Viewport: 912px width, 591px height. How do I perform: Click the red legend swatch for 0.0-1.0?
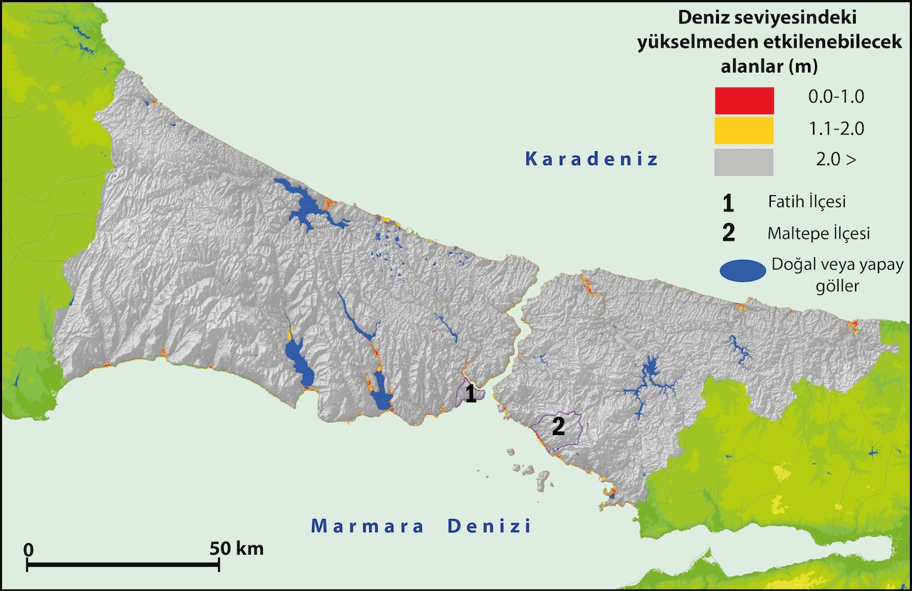743,100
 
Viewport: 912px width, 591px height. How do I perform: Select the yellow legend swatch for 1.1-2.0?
743,130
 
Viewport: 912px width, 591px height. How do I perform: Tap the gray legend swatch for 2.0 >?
743,161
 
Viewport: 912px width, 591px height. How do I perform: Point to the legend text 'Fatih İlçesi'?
807,202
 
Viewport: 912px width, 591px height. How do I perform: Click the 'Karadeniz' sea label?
591,159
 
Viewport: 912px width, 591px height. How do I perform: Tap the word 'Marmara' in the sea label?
368,527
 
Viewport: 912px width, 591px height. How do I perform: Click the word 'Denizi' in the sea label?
489,527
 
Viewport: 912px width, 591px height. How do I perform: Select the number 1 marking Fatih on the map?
470,394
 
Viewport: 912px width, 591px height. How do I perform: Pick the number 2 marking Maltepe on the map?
559,427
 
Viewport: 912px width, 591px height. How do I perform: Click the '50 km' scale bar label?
237,548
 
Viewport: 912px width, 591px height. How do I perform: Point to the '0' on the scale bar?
28,549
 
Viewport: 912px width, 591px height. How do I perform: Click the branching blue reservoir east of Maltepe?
648,377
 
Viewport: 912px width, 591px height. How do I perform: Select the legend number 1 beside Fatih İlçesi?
727,203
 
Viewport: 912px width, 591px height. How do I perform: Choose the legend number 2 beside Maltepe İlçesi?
728,234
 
